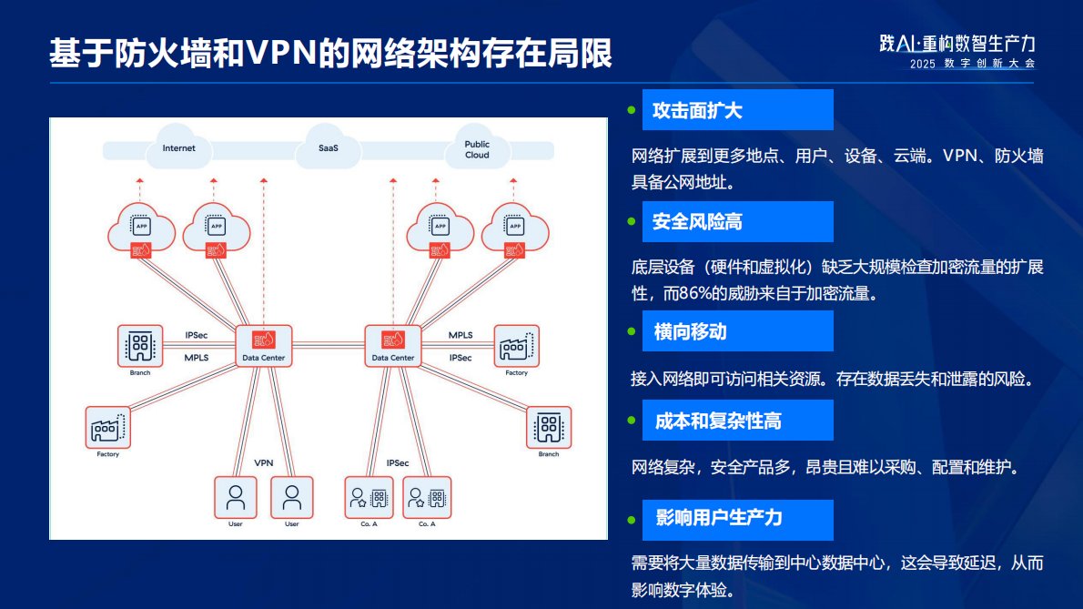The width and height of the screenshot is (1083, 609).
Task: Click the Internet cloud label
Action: coord(178,148)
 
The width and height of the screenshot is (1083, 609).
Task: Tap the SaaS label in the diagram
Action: coord(328,148)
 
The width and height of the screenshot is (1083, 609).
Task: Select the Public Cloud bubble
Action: coord(477,149)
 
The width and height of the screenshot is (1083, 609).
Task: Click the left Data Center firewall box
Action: coord(263,343)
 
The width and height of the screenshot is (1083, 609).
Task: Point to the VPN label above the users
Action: coord(264,463)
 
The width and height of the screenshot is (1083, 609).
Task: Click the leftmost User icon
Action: coord(236,498)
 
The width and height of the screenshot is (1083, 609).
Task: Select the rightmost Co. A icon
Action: coord(427,498)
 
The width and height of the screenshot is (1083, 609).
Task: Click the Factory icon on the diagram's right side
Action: coord(516,347)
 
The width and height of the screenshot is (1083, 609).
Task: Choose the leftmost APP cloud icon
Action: coord(141,228)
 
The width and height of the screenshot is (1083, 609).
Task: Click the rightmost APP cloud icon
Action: coord(514,228)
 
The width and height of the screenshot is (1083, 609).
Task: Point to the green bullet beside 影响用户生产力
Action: coord(631,520)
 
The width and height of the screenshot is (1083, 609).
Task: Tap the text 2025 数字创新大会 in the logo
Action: coord(971,64)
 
